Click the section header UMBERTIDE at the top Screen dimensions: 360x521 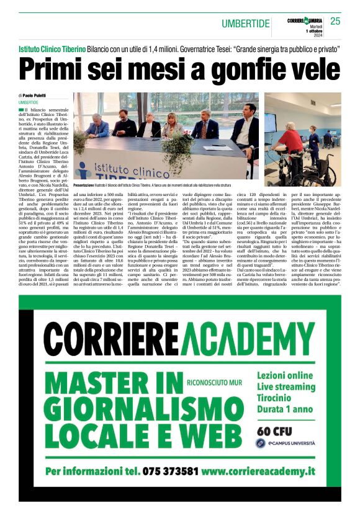(x=246, y=24)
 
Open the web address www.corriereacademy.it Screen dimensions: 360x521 (x=269, y=488)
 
